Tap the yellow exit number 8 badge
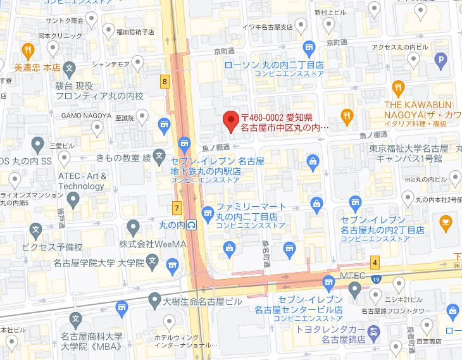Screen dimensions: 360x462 [165, 82]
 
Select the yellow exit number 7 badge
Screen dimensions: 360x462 [177, 208]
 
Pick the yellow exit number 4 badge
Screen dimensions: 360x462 [375, 261]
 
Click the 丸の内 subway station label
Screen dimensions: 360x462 [177, 225]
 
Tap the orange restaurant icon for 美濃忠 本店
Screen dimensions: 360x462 [28, 51]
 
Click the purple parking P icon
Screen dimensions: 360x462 [442, 61]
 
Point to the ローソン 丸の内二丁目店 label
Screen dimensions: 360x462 [274, 65]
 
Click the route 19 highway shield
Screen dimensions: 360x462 [376, 279]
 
